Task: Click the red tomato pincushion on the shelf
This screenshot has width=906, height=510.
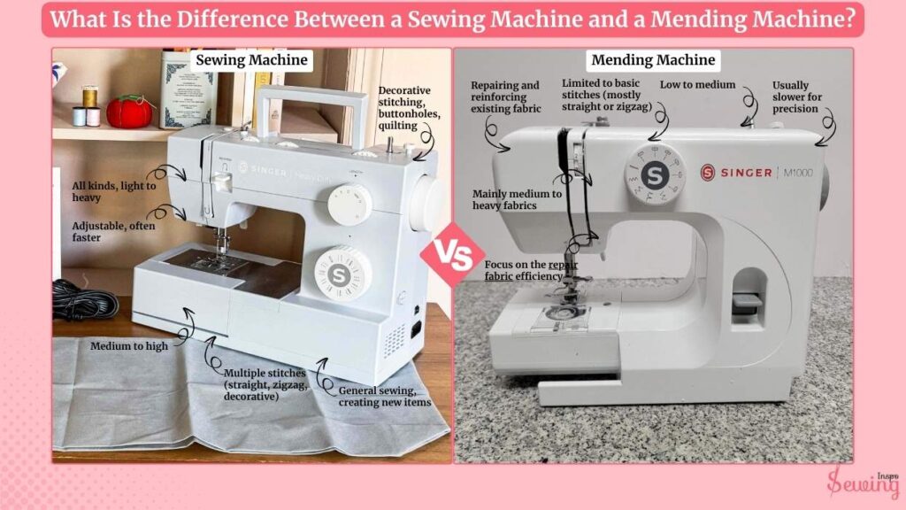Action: coord(129,112)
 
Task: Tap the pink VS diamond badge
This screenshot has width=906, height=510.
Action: coord(454,255)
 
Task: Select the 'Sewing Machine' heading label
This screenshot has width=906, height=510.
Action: coord(251,60)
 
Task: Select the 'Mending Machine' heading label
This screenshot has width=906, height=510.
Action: coord(653,60)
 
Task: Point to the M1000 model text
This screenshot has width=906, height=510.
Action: coord(798,173)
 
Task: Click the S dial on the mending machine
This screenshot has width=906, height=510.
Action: coord(655,174)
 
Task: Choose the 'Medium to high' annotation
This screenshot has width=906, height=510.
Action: coord(129,346)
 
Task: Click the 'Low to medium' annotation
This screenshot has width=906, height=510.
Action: coord(697,85)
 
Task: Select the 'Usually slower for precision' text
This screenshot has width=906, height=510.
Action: coord(797,97)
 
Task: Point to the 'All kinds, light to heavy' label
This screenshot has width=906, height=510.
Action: coord(114,191)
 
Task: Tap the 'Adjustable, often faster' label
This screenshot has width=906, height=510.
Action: coord(113,231)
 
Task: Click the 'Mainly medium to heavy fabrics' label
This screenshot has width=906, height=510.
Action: coord(517,199)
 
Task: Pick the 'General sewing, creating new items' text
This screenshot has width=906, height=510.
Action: coord(385,396)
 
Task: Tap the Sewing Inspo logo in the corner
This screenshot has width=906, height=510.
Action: coord(863,481)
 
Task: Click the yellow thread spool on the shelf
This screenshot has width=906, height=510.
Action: coord(89,97)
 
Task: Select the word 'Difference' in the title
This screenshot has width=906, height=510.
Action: coord(232,19)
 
